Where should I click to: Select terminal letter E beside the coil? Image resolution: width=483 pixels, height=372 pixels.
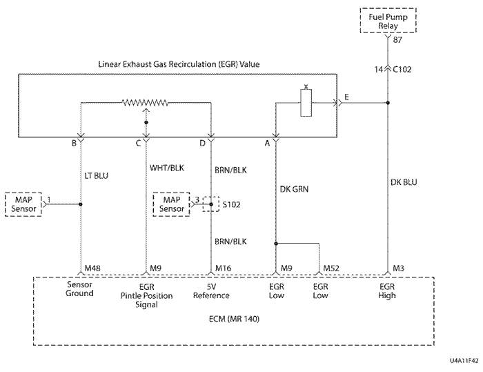coord(347,98)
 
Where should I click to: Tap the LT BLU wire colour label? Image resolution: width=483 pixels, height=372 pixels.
coord(96,176)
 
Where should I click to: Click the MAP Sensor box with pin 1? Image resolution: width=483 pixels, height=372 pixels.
coord(22,204)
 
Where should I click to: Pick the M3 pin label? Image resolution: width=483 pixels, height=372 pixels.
coord(398,268)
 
